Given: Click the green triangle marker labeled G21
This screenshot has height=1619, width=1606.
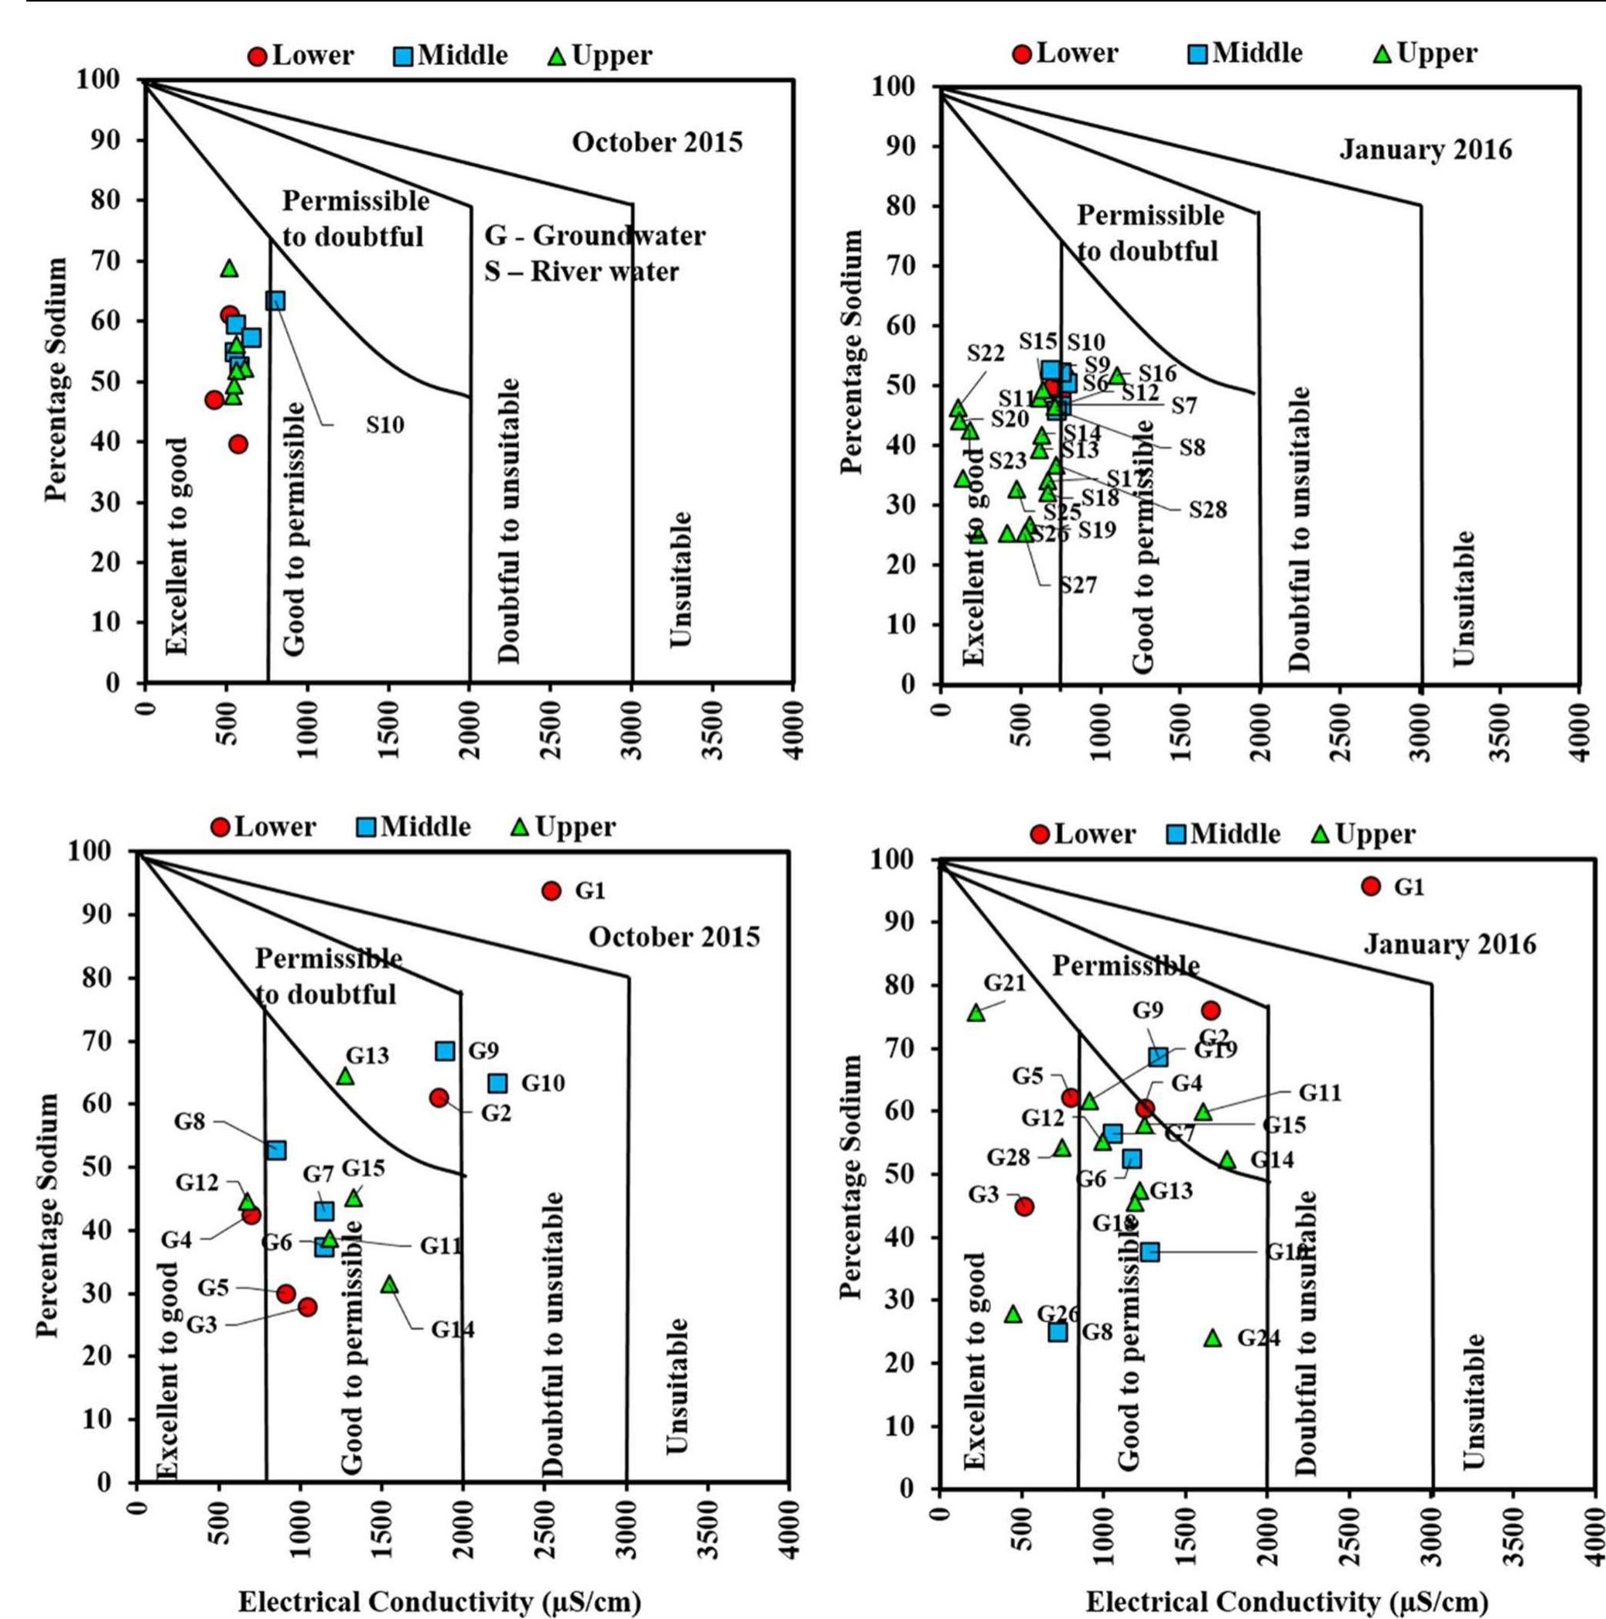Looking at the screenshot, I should [976, 1013].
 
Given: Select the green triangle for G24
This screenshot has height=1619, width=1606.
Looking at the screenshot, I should [1212, 1337].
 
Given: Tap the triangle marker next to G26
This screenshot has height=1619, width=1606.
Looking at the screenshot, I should [1013, 1314].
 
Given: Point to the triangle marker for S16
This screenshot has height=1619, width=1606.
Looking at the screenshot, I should [1116, 376].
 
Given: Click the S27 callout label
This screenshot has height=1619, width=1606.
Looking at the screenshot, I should [1078, 585].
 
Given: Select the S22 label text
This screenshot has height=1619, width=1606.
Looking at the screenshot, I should [986, 353].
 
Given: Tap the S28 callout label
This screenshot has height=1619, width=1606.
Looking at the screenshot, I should [1208, 509].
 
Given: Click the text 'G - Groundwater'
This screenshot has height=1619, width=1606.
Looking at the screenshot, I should [594, 237].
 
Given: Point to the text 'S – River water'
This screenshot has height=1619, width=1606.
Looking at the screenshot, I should [581, 272].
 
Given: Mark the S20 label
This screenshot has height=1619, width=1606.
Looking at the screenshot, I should [1010, 419].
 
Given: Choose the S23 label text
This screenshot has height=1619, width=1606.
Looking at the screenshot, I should [1007, 461].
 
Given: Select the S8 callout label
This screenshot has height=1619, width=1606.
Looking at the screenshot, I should [1192, 447].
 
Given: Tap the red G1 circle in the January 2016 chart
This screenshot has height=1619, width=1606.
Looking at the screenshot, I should [1371, 886].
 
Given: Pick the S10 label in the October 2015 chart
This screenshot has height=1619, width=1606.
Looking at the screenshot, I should [384, 425].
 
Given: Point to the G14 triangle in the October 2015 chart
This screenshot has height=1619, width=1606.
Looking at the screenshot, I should [389, 1285].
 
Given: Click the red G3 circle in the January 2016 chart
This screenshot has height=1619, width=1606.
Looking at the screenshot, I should [1023, 1206].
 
